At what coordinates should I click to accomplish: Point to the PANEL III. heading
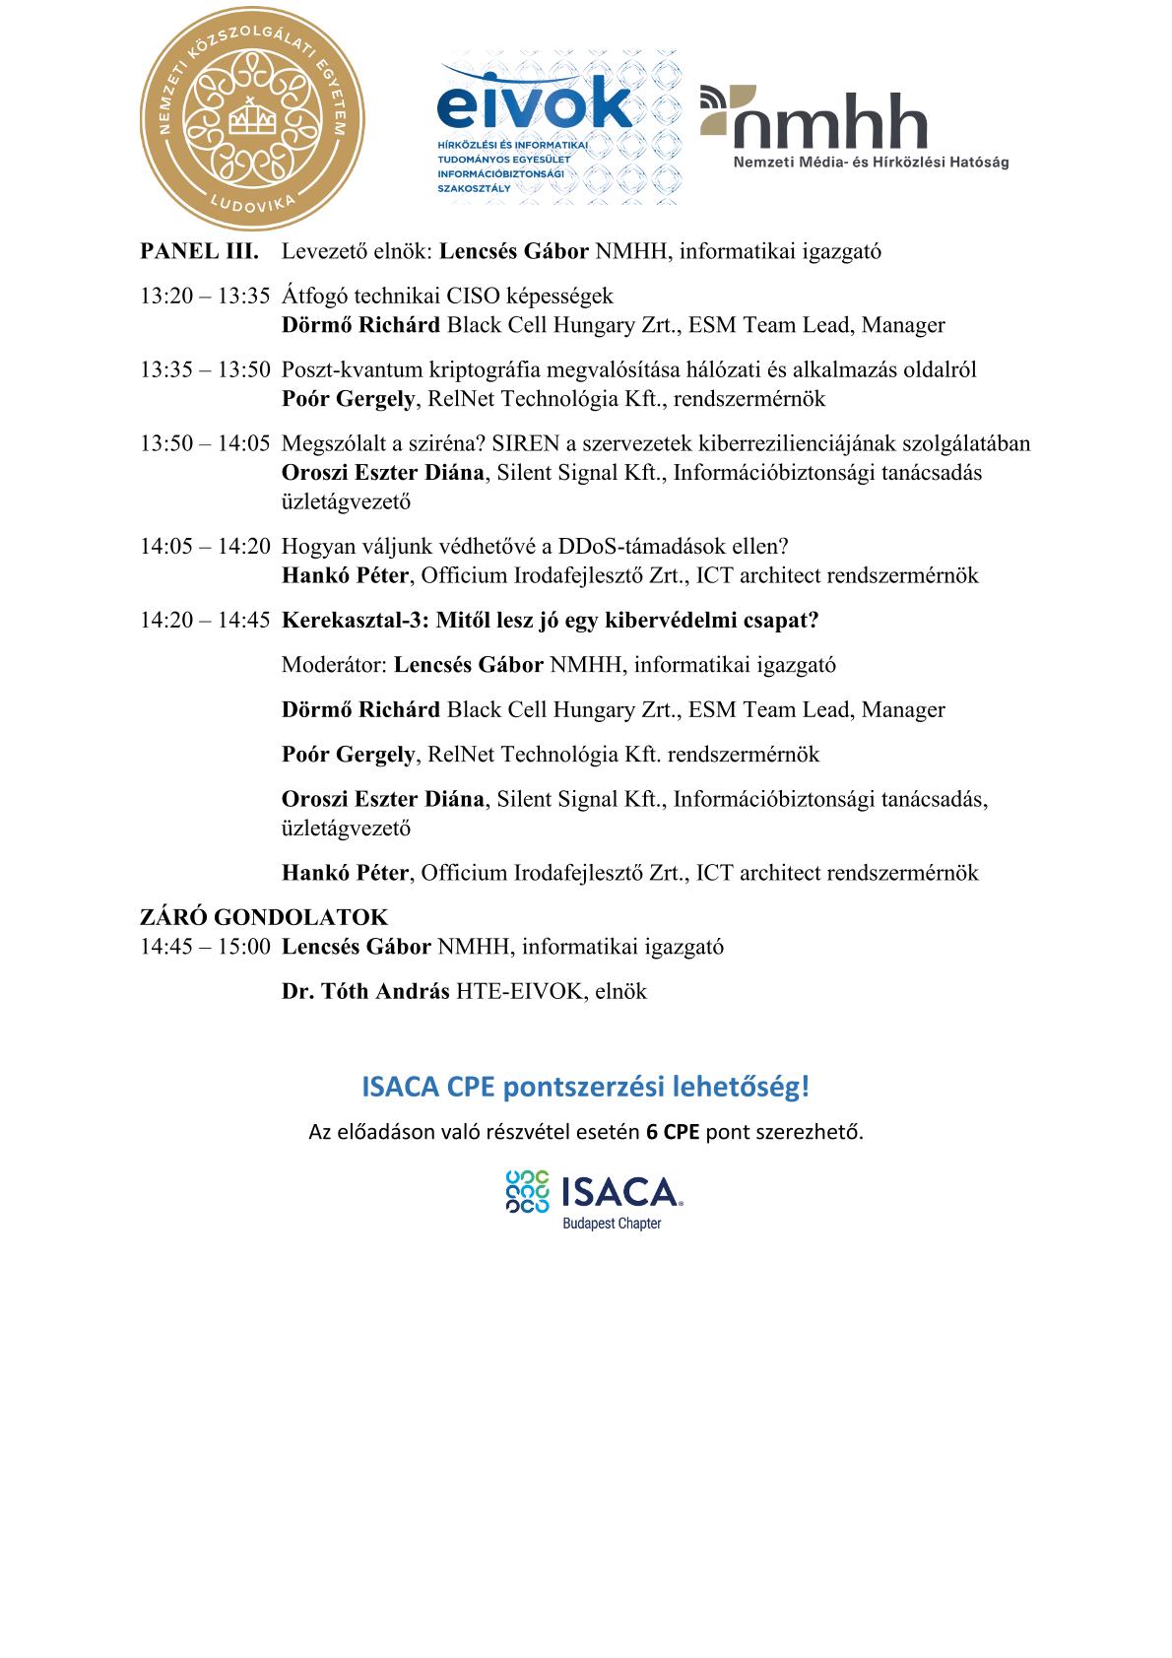click(200, 251)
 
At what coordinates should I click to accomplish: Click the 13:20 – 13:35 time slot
click(205, 296)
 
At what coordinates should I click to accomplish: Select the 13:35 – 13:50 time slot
click(205, 369)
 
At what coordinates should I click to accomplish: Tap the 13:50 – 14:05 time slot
click(205, 443)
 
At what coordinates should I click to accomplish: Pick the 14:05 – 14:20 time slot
click(205, 547)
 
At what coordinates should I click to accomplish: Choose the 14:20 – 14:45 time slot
click(205, 621)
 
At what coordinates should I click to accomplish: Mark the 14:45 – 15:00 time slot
click(205, 947)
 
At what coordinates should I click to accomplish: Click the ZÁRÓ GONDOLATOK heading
click(264, 918)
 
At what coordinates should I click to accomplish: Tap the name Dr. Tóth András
click(365, 991)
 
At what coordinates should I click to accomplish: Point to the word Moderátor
click(333, 665)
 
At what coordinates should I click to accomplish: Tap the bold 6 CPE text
click(673, 1132)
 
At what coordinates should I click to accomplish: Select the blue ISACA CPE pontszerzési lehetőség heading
click(586, 1088)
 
